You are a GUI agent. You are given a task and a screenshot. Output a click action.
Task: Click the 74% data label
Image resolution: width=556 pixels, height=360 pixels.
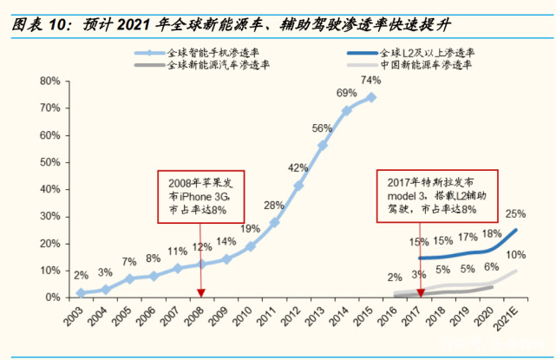click(x=370, y=81)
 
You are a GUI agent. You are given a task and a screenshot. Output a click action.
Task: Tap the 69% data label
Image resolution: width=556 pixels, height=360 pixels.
click(x=346, y=93)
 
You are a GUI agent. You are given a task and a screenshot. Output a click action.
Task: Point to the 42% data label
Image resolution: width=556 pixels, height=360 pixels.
click(x=298, y=167)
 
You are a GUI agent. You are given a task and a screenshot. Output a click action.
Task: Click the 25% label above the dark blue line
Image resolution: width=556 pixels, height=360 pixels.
click(x=514, y=213)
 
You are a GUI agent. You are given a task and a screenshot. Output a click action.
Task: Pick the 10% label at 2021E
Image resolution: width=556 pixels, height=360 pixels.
click(x=515, y=254)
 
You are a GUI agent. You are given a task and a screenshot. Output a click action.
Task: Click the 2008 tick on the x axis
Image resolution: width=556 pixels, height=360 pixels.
click(x=200, y=313)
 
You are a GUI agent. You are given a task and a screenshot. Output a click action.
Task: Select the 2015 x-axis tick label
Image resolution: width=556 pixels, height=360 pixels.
click(x=369, y=313)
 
